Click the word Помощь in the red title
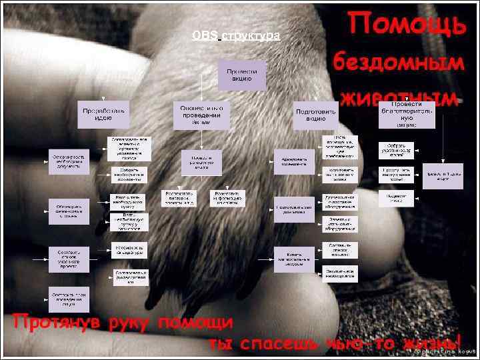(406, 24)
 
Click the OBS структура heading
(235, 35)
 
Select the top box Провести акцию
(242, 75)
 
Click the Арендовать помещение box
(293, 160)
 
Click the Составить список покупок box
(340, 251)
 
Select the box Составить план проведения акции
(68, 297)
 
